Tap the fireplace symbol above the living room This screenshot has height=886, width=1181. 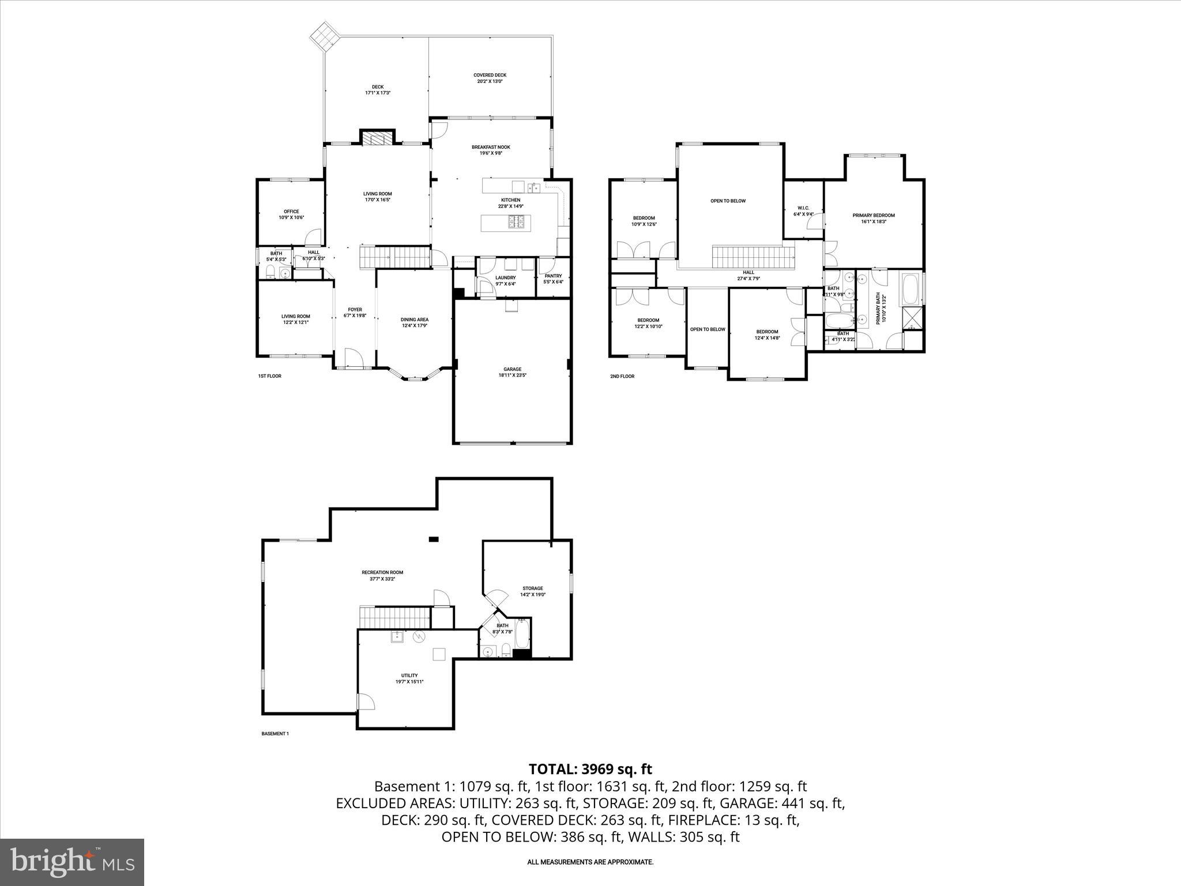(377, 138)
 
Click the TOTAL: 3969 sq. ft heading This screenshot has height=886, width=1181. (590, 769)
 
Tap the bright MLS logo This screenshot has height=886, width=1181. (72, 862)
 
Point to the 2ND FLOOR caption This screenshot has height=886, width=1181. (622, 377)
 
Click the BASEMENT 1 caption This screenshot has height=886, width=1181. (274, 734)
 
